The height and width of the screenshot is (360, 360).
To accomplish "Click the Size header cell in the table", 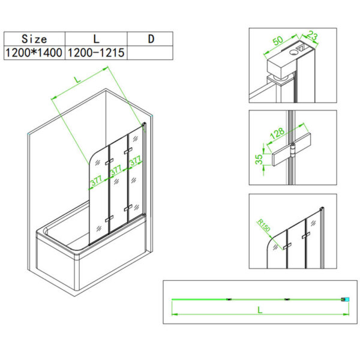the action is click(34, 39).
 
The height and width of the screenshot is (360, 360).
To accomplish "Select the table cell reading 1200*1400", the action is click(34, 53).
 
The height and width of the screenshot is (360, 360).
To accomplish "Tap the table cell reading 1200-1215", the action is click(96, 53).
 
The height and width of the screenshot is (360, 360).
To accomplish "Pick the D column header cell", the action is click(150, 39).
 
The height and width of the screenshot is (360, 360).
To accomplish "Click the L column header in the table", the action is click(96, 39).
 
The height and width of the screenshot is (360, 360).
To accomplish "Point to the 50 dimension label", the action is click(278, 41).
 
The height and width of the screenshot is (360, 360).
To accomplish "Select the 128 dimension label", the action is click(277, 134).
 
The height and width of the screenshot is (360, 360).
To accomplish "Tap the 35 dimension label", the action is click(259, 159).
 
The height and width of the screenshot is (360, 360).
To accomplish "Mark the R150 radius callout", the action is click(264, 225).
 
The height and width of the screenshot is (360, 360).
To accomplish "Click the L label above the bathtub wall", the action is click(78, 79).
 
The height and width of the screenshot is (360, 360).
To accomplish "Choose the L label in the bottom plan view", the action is click(260, 310).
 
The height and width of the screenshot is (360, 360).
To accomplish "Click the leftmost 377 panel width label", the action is click(97, 181).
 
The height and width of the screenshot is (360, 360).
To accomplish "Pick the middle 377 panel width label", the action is click(116, 170).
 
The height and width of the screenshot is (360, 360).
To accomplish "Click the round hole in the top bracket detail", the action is click(293, 52).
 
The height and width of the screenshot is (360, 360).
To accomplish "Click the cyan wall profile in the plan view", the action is click(347, 299).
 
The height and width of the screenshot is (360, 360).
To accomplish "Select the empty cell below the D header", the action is click(150, 53).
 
